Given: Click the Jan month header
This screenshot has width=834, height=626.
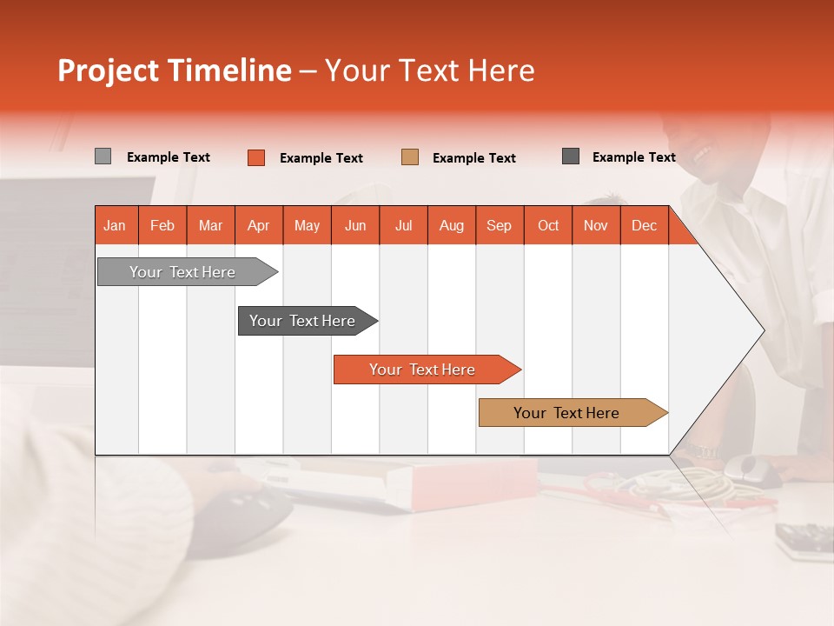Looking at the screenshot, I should click(116, 225).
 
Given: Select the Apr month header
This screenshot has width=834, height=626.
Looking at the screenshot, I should click(259, 225).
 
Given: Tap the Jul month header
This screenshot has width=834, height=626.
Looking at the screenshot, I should click(403, 225).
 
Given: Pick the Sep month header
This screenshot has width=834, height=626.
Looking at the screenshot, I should click(500, 225).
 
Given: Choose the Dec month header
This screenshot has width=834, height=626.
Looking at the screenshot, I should click(644, 225).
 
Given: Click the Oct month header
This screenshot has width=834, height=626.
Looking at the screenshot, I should click(548, 225).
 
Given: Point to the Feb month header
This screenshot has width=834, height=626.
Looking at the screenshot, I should click(162, 225).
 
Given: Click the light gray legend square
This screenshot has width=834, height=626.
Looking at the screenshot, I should click(103, 156).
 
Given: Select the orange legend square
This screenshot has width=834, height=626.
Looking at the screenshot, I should click(256, 157).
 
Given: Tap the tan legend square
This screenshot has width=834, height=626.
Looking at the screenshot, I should click(410, 157).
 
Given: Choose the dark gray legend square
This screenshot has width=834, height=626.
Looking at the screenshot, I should click(571, 156).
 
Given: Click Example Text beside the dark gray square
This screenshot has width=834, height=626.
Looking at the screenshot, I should click(633, 157).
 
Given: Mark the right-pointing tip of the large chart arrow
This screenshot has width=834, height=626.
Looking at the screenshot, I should click(762, 330).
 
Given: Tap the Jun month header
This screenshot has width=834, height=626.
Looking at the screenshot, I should click(355, 225).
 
